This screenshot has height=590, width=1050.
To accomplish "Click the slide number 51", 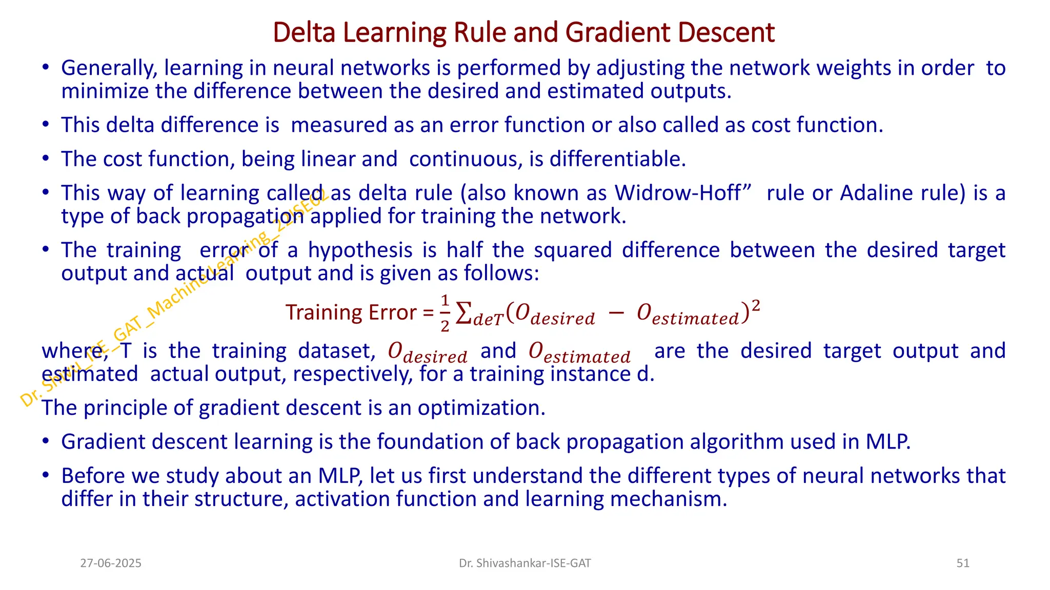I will pyautogui.click(x=963, y=563).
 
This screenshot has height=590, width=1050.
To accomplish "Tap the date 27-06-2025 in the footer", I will pyautogui.click(x=111, y=563).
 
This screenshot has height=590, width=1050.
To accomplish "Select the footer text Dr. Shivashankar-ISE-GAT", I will pyautogui.click(x=524, y=563).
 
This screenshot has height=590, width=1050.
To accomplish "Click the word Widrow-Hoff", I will pyautogui.click(x=678, y=193).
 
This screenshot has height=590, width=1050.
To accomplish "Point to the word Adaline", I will pyautogui.click(x=872, y=193).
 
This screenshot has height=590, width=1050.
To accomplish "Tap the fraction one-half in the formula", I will pyautogui.click(x=445, y=313).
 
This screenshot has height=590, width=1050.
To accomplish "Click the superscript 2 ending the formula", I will pyautogui.click(x=755, y=305).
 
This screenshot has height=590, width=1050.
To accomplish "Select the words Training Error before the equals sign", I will pyautogui.click(x=351, y=312).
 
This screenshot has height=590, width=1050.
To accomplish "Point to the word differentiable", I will pyautogui.click(x=617, y=159).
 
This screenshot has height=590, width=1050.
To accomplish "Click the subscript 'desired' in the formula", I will pyautogui.click(x=562, y=319).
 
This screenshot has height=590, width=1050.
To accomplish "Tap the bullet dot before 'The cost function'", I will pyautogui.click(x=46, y=159).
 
